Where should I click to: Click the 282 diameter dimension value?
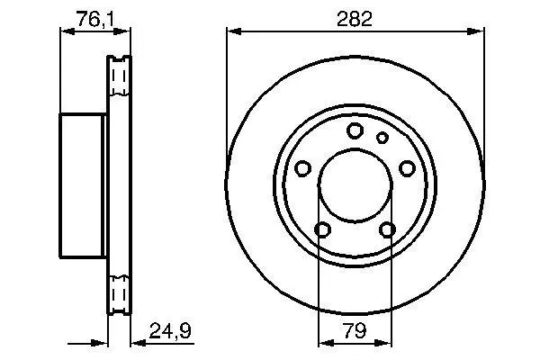355,19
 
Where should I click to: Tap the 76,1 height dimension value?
95,19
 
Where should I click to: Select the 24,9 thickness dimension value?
170,330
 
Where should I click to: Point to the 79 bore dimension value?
355,330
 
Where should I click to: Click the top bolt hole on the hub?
355,130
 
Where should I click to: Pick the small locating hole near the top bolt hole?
382,138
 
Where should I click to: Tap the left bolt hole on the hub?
303,168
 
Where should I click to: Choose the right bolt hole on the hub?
407,168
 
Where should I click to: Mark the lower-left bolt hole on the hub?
323,229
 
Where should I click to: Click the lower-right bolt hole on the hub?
387,229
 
